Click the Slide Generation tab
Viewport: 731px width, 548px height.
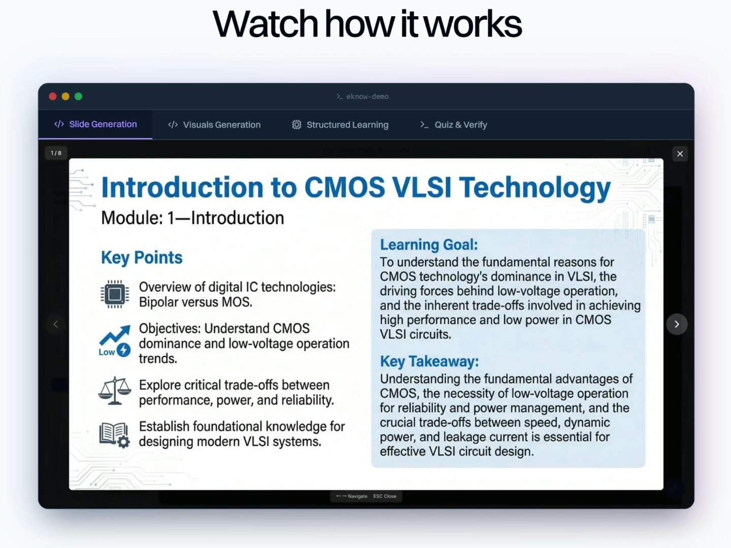tap(95, 124)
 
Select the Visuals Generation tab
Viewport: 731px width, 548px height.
tap(214, 125)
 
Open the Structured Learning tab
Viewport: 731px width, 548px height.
tap(340, 125)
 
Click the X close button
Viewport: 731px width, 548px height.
tap(680, 154)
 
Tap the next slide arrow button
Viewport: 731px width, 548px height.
tap(677, 324)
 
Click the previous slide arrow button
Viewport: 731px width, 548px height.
tap(56, 324)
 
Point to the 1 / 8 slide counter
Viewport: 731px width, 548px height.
tap(56, 153)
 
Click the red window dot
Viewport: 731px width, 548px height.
tap(53, 96)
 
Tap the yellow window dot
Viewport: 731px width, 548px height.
tap(65, 96)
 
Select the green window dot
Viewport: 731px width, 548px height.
tap(78, 96)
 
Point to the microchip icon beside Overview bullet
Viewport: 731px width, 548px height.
tap(115, 294)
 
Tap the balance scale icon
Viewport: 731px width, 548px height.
tap(115, 391)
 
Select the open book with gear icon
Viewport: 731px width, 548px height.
tap(115, 434)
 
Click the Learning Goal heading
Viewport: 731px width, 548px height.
tap(429, 245)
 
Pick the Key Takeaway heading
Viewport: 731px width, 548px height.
tap(429, 361)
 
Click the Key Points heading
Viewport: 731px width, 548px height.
tap(142, 258)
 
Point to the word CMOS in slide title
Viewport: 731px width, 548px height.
tap(345, 188)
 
